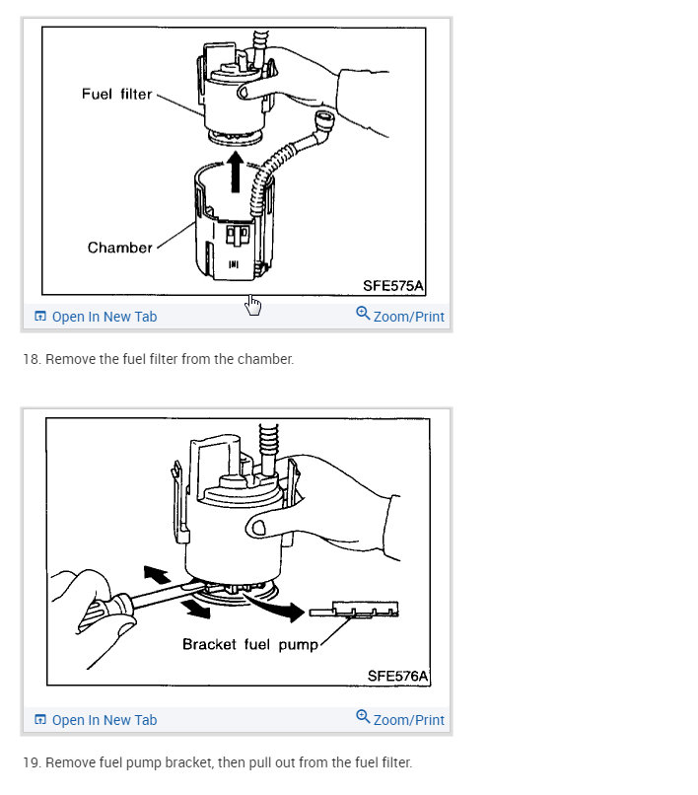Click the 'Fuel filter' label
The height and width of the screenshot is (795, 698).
click(116, 94)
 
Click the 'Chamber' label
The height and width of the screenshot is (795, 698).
click(119, 248)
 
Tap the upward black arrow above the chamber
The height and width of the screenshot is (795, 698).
click(236, 172)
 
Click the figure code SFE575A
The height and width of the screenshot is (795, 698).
click(392, 286)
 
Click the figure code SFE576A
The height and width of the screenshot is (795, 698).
click(397, 676)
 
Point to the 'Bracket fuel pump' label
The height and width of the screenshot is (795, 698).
click(249, 644)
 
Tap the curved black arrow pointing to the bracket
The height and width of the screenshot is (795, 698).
click(276, 606)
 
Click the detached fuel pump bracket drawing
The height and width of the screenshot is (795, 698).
click(354, 610)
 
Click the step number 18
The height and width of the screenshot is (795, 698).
click(31, 359)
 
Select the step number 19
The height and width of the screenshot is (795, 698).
click(31, 762)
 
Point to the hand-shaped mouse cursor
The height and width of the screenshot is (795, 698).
click(253, 305)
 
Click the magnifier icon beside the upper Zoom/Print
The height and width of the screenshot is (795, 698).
click(363, 314)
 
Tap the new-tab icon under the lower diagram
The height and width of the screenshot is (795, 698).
click(40, 719)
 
